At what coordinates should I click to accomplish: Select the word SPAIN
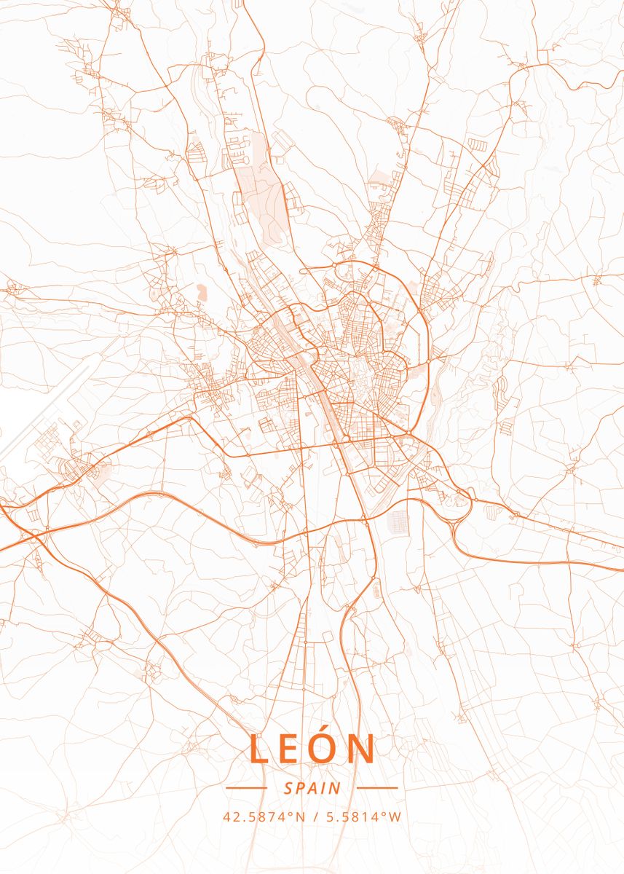coord(312,788)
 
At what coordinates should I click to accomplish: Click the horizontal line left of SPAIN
coord(247,788)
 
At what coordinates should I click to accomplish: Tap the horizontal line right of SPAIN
coord(377,788)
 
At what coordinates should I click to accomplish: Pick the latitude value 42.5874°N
coord(264,817)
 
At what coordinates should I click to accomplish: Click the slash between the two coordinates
coord(315,817)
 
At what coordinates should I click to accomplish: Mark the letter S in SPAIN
coord(288,788)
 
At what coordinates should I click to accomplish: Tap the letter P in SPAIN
coord(300,788)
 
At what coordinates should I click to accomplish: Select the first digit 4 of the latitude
coord(226,817)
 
